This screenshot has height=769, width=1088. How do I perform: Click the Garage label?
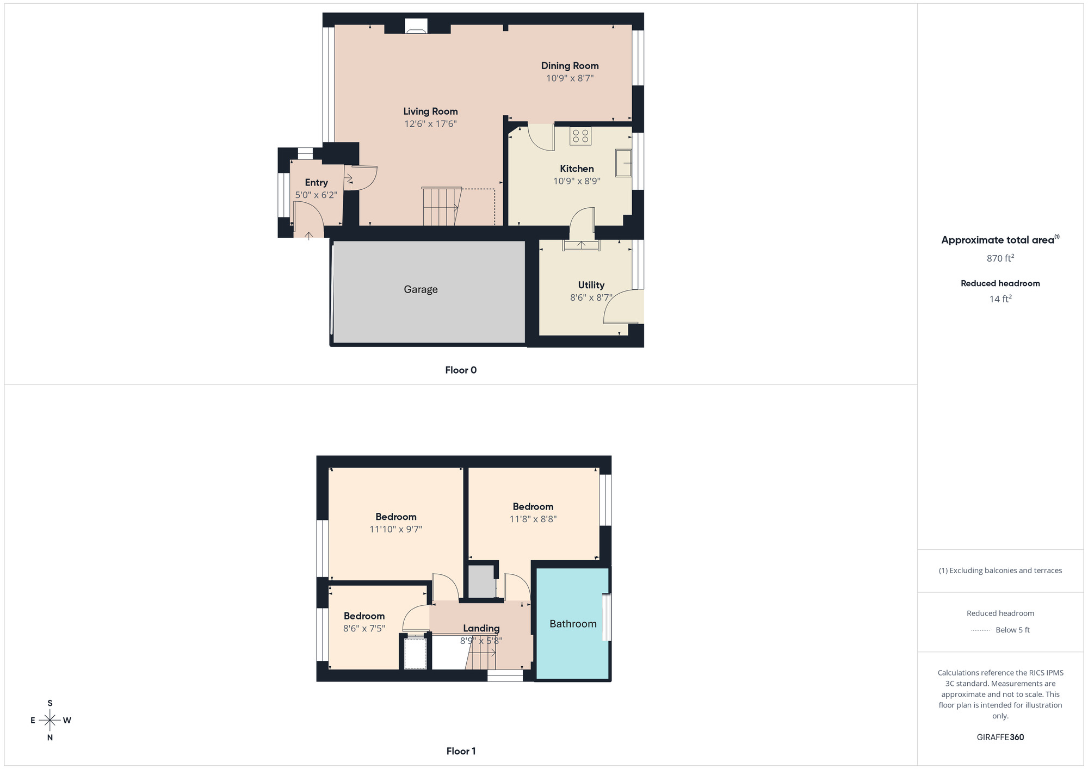[421, 289]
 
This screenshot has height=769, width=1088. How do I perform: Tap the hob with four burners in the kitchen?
[580, 136]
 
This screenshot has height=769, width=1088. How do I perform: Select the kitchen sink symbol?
[623, 163]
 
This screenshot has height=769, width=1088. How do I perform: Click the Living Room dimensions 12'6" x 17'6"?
[430, 124]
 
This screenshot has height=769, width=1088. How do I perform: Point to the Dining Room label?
[570, 66]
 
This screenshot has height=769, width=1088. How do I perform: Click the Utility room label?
[591, 285]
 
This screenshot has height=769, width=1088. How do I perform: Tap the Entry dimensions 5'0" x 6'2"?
[316, 195]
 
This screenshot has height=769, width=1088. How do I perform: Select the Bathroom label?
[573, 624]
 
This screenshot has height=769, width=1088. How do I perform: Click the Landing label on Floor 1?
[481, 629]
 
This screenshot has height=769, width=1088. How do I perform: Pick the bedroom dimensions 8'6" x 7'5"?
[364, 629]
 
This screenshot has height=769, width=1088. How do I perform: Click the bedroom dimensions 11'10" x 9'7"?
[395, 529]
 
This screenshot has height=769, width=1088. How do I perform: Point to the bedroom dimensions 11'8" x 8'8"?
[533, 519]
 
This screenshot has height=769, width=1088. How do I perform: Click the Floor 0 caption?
[461, 370]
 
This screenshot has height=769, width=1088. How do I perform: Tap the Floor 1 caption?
[461, 751]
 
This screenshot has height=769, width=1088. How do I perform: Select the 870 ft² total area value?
[1000, 258]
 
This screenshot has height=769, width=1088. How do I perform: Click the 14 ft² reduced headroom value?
[1000, 299]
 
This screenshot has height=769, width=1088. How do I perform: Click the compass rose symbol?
[50, 721]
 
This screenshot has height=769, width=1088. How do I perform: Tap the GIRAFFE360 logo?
[1000, 737]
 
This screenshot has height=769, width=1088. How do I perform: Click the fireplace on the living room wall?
[416, 27]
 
